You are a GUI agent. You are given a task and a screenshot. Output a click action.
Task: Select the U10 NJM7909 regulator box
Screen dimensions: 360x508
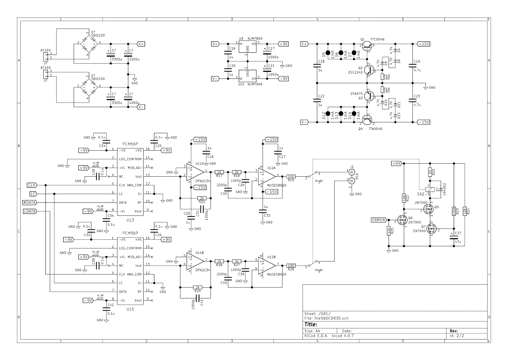pyautogui.click(x=247, y=76)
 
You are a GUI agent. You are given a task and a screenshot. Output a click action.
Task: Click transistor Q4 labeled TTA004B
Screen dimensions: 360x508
pyautogui.click(x=367, y=120)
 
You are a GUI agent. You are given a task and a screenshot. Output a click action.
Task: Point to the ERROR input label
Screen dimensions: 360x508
pyautogui.click(x=378, y=220)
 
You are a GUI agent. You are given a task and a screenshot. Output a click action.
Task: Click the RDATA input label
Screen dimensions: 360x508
pyautogui.click(x=30, y=202)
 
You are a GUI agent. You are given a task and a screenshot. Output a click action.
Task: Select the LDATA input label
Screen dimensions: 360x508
pyautogui.click(x=30, y=211)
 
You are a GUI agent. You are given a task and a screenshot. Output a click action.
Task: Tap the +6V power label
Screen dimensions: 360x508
pyautogui.click(x=397, y=163)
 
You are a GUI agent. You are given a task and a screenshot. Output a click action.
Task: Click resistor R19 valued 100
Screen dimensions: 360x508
pyautogui.click(x=291, y=176)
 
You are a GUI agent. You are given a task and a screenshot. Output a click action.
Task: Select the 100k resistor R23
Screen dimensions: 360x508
pyautogui.click(x=454, y=211)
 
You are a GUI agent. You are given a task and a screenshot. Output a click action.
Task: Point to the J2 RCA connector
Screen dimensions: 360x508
pyautogui.click(x=352, y=177)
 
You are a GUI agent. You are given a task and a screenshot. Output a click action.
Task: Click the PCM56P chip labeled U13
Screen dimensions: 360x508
pyautogui.click(x=130, y=182)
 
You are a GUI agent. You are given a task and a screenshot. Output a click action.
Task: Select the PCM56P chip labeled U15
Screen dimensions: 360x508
pyautogui.click(x=130, y=271)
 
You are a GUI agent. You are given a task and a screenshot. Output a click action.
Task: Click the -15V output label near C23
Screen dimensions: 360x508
pyautogui.click(x=424, y=122)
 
